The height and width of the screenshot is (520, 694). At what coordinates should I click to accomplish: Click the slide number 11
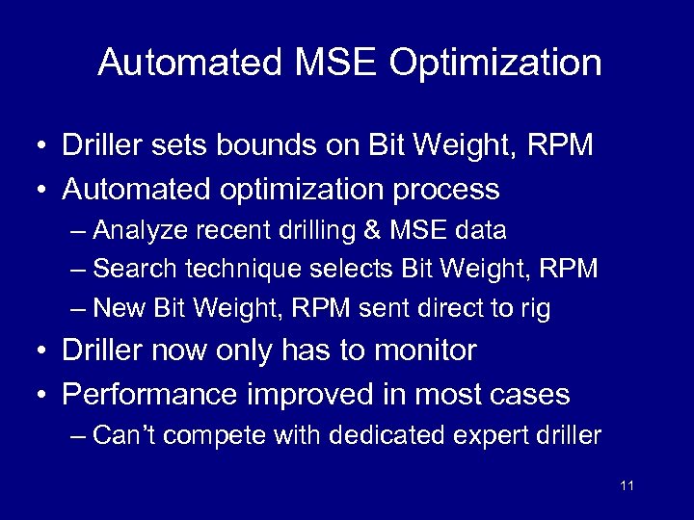[627, 485]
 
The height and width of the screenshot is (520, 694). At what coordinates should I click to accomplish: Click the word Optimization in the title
[495, 64]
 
